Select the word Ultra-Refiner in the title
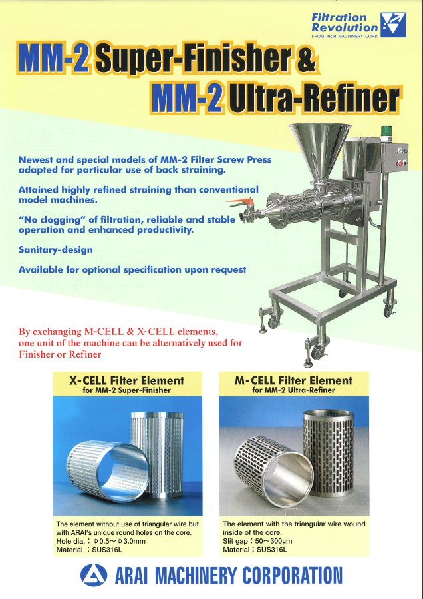pos(313,99)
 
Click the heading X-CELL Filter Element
pos(126,381)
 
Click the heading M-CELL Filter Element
pos(294,381)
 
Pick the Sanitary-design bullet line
pos(56,250)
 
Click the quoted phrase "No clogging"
pos(53,220)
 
